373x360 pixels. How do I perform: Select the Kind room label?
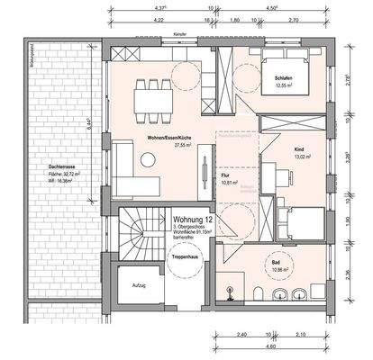300,148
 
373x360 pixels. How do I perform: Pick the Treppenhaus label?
184,257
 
